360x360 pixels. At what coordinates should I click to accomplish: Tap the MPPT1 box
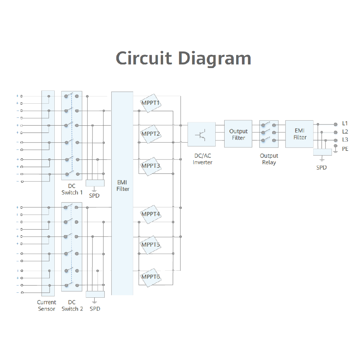(x=150, y=103)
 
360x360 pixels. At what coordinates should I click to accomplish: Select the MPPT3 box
(x=150, y=166)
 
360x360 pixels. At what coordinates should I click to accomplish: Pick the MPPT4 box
(x=150, y=214)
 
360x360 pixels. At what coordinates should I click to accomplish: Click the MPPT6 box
(x=150, y=277)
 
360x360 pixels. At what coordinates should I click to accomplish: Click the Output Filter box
(x=238, y=134)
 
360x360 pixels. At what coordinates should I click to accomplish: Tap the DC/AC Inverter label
(x=202, y=159)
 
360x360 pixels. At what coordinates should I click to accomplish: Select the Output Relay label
(x=269, y=159)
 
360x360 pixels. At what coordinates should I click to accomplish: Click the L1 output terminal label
(x=345, y=123)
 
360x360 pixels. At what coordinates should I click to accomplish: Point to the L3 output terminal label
(x=345, y=140)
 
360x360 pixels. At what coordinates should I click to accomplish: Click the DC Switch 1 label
(x=72, y=189)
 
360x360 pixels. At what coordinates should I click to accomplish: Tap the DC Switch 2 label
(x=72, y=306)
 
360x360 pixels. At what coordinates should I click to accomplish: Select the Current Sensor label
(x=47, y=306)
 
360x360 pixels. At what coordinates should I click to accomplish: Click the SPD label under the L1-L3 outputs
(x=321, y=167)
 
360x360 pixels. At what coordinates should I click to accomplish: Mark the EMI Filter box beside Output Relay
(x=300, y=134)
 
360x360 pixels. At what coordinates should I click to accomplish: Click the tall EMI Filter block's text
(x=122, y=186)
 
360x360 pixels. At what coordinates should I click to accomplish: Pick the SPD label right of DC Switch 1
(x=94, y=196)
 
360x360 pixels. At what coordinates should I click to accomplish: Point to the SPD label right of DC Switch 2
(x=95, y=309)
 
